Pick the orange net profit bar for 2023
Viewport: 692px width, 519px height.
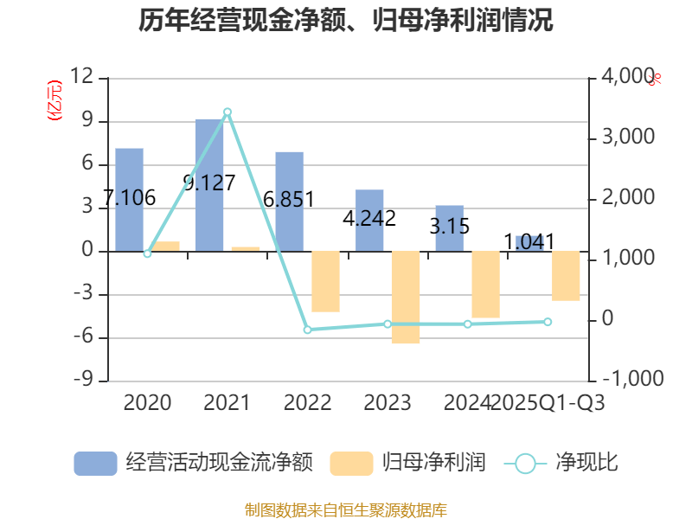point(405,298)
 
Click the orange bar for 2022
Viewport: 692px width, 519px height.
point(325,281)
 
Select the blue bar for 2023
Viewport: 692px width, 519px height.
point(369,220)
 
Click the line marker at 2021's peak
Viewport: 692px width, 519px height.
point(227,112)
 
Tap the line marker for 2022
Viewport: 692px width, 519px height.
point(307,330)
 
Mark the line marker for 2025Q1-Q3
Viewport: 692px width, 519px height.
point(548,322)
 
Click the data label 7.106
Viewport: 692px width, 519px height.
point(129,198)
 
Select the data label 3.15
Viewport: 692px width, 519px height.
point(450,227)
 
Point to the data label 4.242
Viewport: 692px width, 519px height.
point(369,218)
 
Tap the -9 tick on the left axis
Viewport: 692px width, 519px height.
point(85,381)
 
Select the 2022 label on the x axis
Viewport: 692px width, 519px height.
point(307,403)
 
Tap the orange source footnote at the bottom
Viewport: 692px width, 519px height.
point(346,510)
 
